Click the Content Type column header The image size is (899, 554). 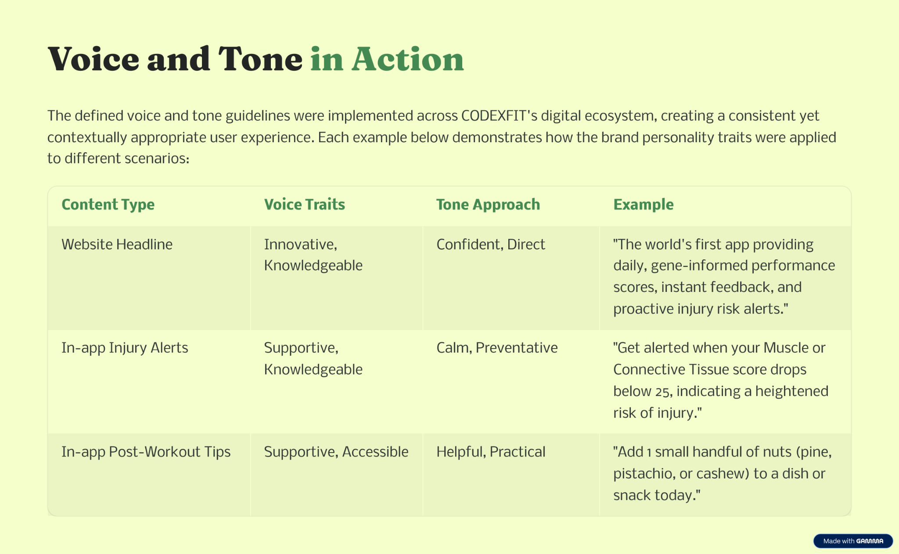108,205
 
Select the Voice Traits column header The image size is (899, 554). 304,205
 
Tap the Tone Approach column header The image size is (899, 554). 488,205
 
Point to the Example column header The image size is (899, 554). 643,205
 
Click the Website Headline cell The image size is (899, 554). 117,244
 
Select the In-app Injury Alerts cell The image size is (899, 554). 125,348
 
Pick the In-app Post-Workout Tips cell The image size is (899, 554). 146,452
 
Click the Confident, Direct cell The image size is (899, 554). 490,244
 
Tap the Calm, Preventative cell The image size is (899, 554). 497,348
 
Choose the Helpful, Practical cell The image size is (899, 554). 491,452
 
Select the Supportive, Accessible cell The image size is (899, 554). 336,452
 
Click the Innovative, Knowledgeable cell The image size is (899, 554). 313,255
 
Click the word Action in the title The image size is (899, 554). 408,59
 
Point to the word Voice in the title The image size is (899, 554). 93,59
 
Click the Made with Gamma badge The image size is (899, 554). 853,541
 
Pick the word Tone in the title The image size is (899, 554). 260,59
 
